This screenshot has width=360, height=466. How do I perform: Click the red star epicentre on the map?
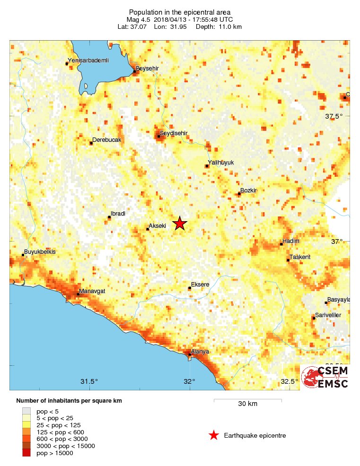(179, 224)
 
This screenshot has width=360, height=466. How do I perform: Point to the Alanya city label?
(200, 352)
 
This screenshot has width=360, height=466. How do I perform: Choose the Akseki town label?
(158, 226)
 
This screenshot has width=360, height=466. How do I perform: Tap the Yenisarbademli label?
(88, 60)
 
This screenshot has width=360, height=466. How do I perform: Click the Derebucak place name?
(107, 140)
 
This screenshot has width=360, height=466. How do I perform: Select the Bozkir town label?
(248, 190)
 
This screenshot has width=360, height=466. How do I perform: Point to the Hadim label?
(291, 241)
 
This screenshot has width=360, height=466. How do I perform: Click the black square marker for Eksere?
(190, 288)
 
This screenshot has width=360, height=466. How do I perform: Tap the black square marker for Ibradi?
(109, 217)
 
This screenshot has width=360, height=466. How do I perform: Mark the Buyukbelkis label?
(40, 252)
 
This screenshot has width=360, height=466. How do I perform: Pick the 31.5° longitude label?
(89, 381)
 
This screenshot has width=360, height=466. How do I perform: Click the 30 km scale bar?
(247, 401)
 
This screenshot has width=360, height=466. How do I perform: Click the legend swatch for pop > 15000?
(26, 453)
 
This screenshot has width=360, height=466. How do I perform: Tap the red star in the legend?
(214, 435)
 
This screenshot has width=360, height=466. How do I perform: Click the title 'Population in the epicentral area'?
(179, 12)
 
